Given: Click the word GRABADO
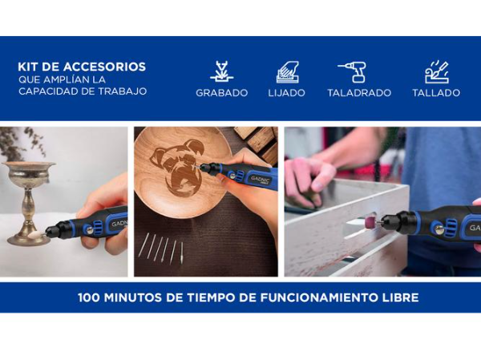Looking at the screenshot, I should pos(221,93).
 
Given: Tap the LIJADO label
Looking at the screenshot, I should pos(286,93).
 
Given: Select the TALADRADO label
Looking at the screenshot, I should pos(359,93).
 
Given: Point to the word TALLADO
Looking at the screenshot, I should pos(436,93).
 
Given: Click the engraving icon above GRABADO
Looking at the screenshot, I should pos(221,71).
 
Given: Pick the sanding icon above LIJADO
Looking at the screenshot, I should pos(287,71).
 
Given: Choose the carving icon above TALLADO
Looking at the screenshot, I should pos(436,71).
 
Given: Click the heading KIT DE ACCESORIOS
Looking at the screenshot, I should pos(82,67).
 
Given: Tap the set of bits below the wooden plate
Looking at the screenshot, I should pos(161,248).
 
